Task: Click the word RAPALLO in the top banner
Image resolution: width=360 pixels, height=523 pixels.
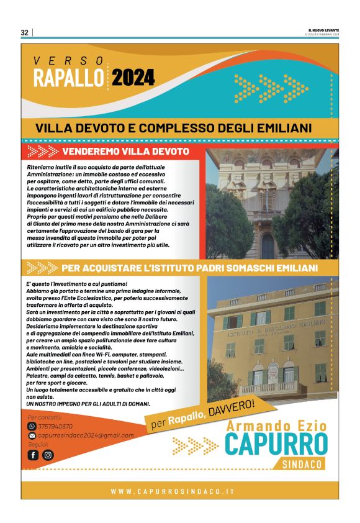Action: (x=68, y=79)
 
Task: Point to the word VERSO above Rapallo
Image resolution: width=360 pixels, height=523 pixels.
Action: (x=69, y=60)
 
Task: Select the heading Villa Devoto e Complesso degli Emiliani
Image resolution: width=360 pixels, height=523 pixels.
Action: (x=173, y=128)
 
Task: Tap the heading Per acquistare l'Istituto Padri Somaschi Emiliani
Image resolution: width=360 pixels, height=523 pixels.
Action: (x=189, y=268)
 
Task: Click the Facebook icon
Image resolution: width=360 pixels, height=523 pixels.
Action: (x=33, y=455)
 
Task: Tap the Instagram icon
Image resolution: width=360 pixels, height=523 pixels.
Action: (x=48, y=455)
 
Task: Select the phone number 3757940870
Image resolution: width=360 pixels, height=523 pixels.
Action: (x=56, y=427)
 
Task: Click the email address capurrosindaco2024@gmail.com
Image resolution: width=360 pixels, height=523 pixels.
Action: (x=86, y=435)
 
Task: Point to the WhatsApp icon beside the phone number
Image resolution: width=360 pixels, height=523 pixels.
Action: (x=32, y=427)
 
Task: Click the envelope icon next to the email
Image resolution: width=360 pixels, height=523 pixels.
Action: (x=32, y=435)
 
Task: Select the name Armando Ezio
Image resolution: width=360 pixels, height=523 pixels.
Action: (x=276, y=426)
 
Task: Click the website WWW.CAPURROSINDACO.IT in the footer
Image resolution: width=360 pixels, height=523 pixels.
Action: (x=173, y=491)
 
